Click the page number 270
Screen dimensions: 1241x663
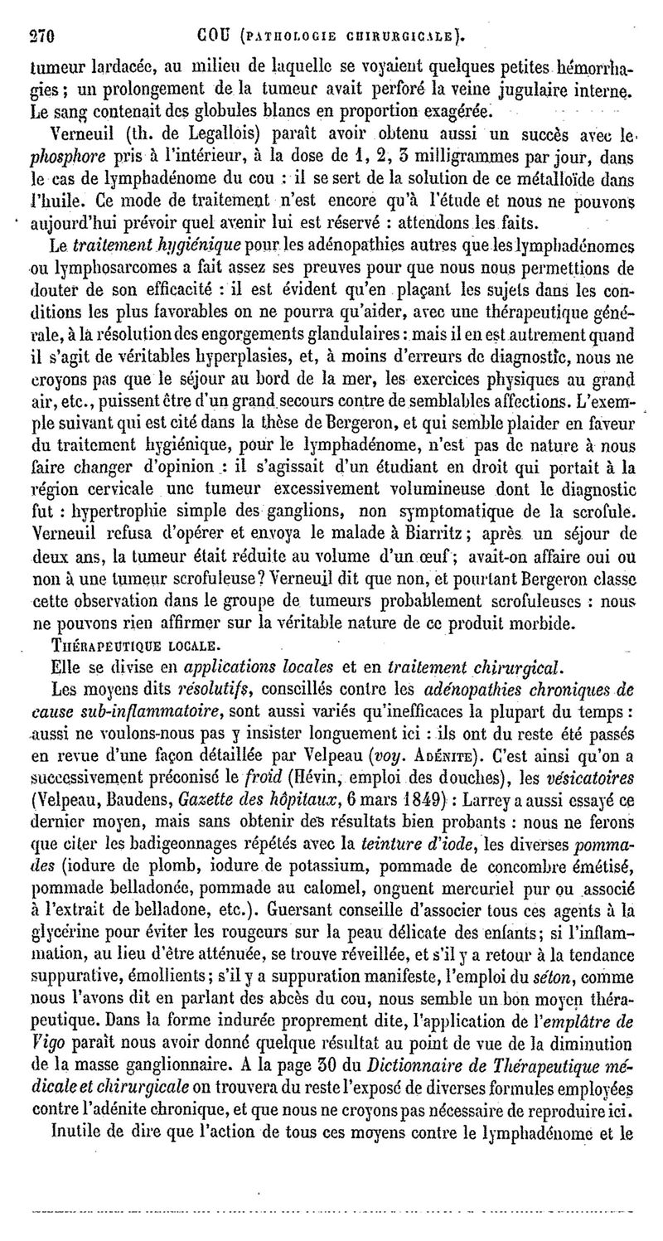41,35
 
